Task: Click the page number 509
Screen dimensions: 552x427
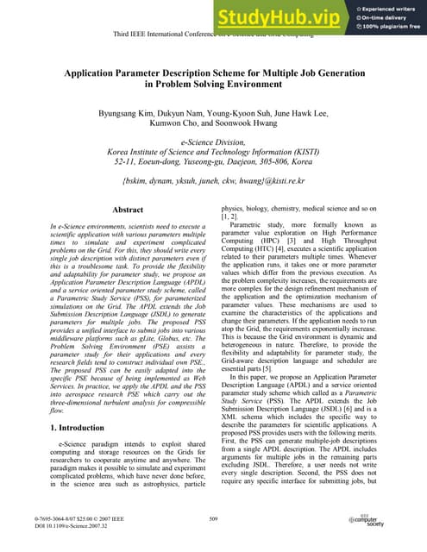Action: [213, 518]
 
